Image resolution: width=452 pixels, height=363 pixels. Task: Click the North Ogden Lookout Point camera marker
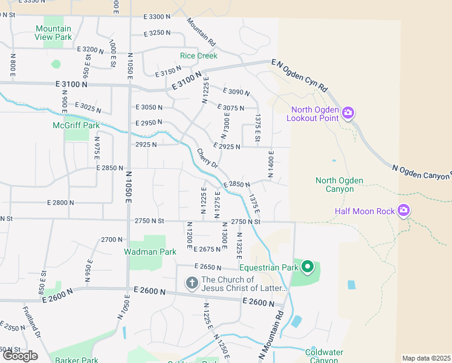tap(347, 113)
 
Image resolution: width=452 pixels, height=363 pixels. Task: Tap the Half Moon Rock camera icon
tap(404, 211)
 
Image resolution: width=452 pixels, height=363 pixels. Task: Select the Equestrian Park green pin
tap(308, 266)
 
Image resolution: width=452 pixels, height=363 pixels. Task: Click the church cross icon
tap(192, 283)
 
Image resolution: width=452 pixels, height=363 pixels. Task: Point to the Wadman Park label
tap(150, 252)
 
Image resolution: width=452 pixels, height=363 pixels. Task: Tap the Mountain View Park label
tap(53, 33)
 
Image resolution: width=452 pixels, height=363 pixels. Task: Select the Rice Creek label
tap(198, 56)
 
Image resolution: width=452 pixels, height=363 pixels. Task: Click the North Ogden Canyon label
tap(339, 185)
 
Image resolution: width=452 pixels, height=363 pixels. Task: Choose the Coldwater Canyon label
tap(324, 356)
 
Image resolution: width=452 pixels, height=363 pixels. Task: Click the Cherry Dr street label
tap(207, 159)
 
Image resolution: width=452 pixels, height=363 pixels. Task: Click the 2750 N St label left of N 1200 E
tap(149, 221)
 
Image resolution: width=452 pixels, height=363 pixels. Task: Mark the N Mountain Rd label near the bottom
tap(271, 336)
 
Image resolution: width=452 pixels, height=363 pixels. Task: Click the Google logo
tap(19, 356)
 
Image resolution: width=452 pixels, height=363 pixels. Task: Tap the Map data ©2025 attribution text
tap(427, 358)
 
